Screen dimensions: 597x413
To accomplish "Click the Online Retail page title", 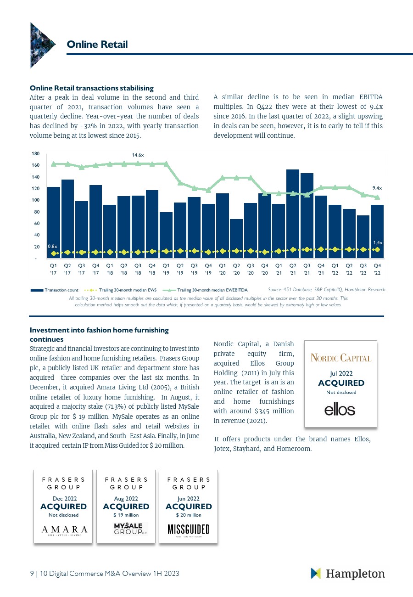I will [x=97, y=44].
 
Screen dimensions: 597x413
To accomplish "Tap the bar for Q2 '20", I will [x=237, y=239].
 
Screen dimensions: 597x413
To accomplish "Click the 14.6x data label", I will [x=138, y=155].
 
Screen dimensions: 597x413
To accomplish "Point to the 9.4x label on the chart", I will [x=377, y=188].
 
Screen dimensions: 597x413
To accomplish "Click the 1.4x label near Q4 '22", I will [x=378, y=242].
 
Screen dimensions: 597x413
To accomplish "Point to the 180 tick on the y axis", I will [x=36, y=154].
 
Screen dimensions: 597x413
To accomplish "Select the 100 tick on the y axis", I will [x=36, y=200].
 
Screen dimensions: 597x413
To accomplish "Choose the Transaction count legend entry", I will [x=55, y=290].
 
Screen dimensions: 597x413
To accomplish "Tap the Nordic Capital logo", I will [x=341, y=358].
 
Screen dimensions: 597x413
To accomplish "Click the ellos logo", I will [x=340, y=409].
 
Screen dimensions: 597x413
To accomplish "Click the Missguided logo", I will [x=188, y=529].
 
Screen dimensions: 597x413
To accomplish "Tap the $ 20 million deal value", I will [x=188, y=515].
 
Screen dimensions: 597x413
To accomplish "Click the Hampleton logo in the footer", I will [x=348, y=574].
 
